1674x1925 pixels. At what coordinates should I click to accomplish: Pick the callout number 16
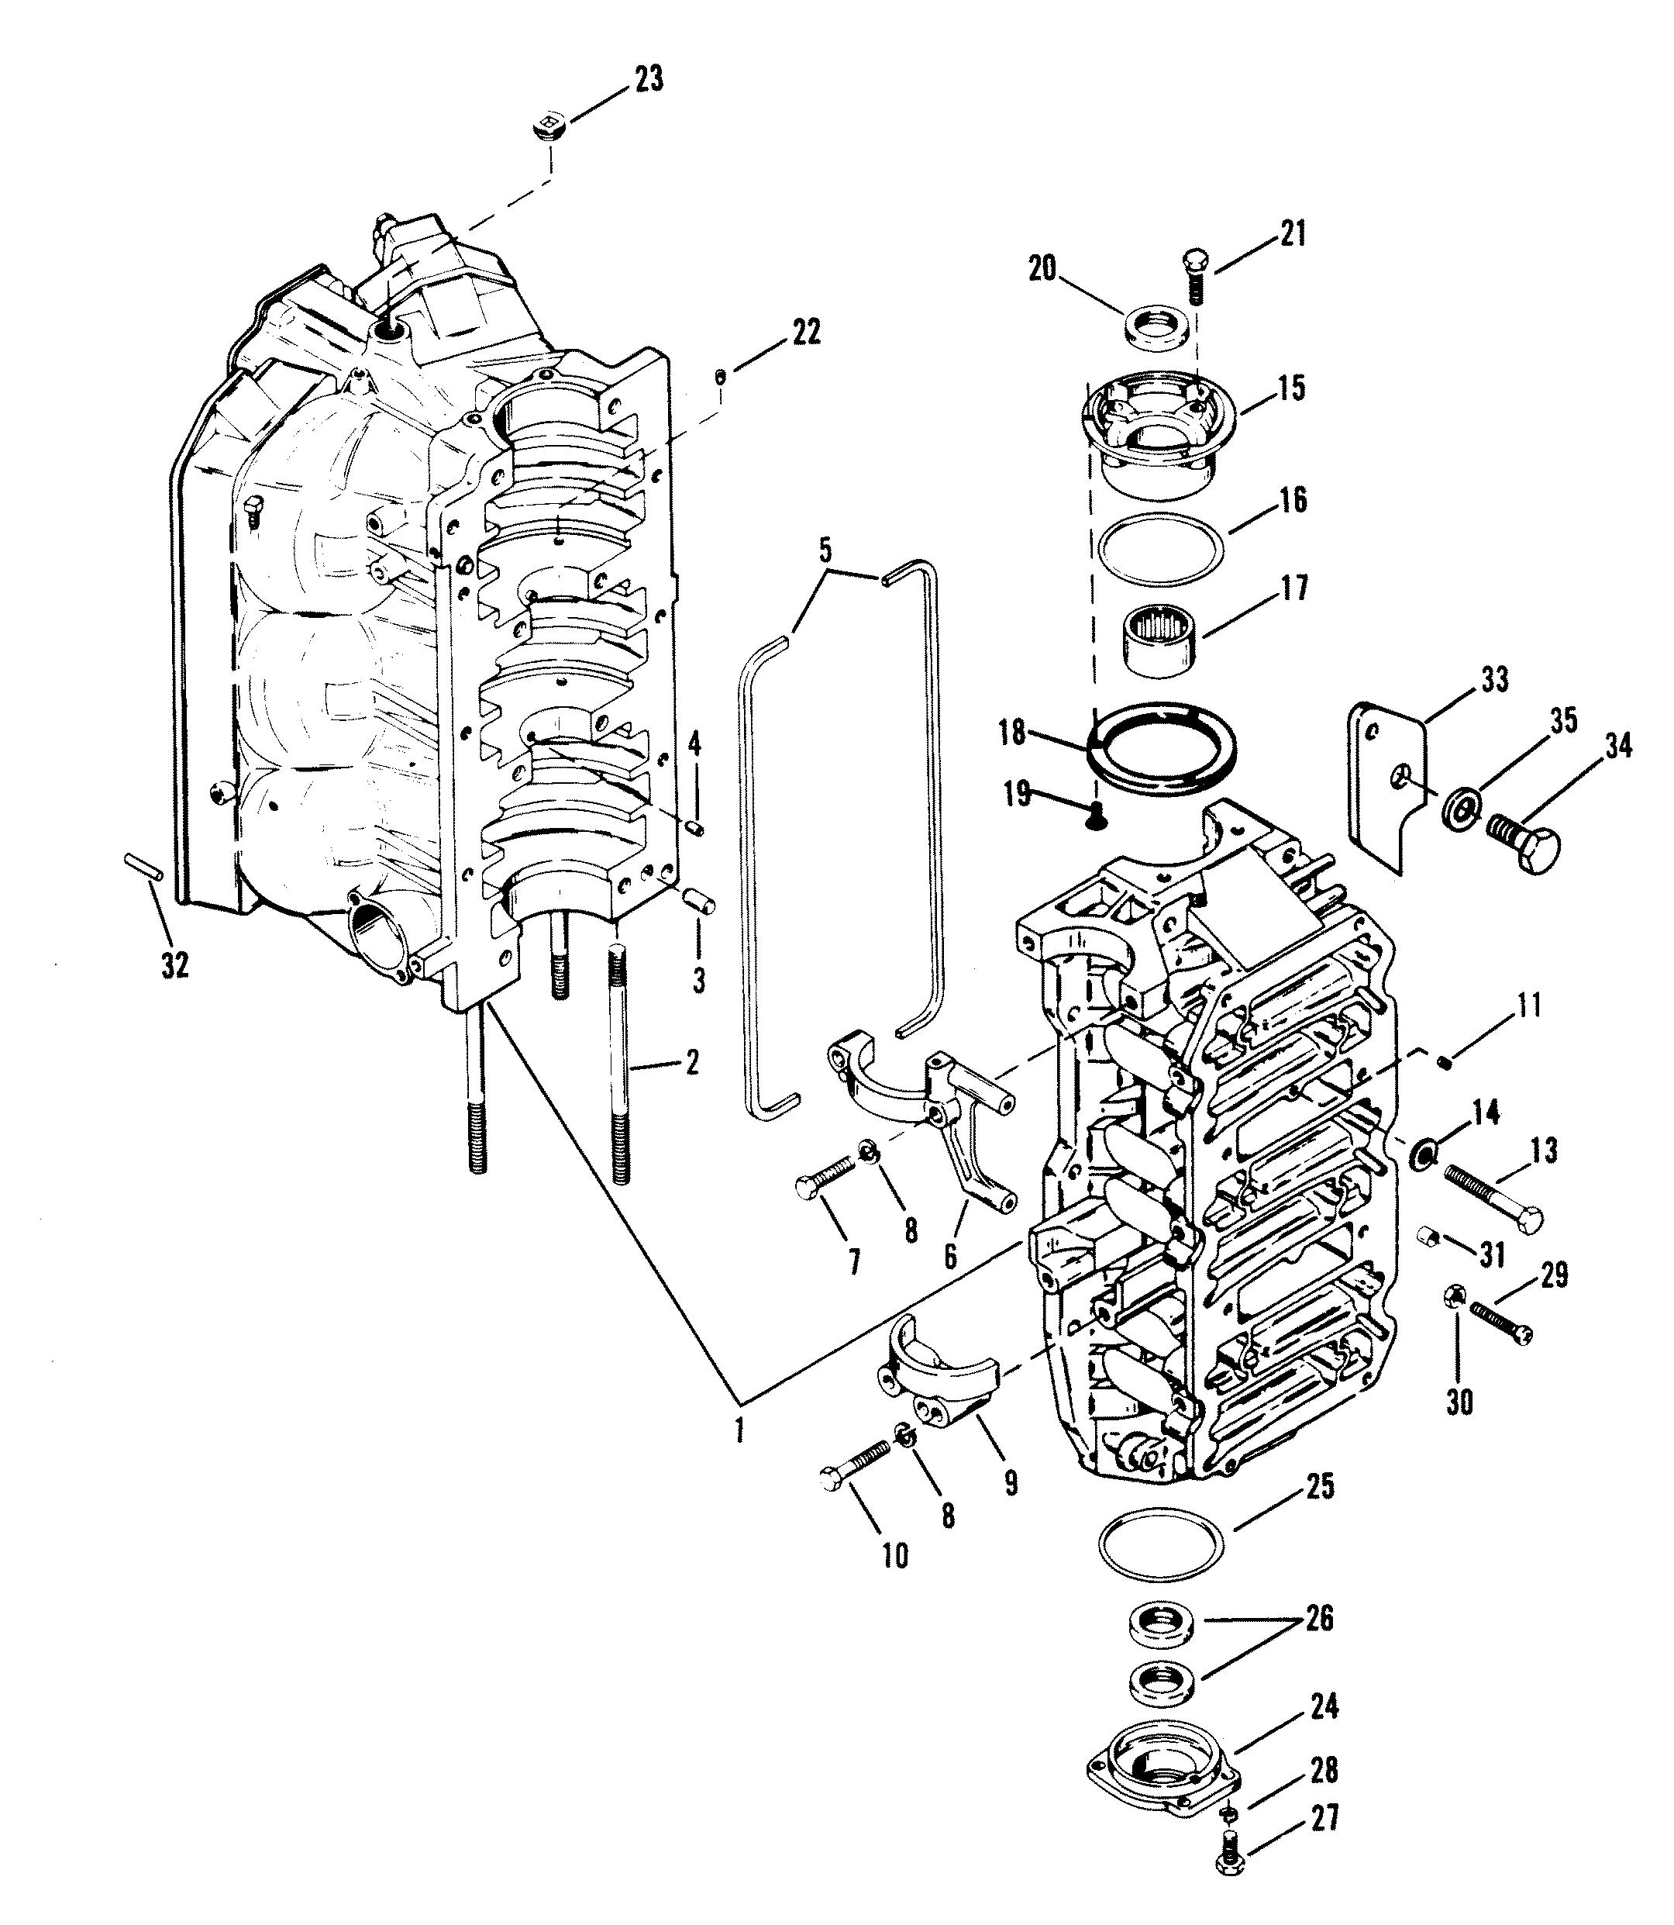click(1292, 500)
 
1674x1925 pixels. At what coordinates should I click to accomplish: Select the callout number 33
click(1495, 679)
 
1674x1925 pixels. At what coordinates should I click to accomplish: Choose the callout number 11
click(1529, 1006)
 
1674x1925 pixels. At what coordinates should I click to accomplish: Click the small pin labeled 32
click(145, 865)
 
